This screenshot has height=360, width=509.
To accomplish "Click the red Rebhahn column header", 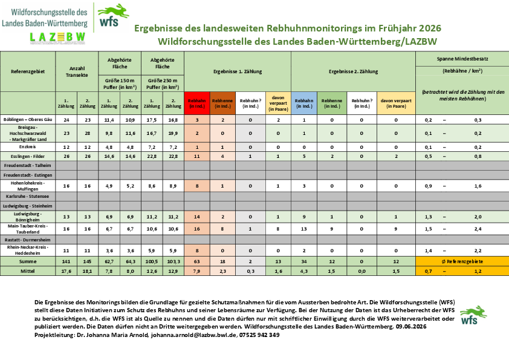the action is (x=196, y=103).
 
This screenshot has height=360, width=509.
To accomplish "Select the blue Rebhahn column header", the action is (x=304, y=103).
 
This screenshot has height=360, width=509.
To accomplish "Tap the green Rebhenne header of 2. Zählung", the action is (x=332, y=103).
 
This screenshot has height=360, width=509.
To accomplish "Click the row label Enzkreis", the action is (x=28, y=147).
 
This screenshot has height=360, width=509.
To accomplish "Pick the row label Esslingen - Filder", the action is (x=28, y=156).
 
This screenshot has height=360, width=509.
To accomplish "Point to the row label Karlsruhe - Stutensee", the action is (x=28, y=196).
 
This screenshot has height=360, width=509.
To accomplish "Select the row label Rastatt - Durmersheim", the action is (x=28, y=240).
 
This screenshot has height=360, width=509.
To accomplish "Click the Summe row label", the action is (x=28, y=261).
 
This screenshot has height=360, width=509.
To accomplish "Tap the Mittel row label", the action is (x=28, y=271).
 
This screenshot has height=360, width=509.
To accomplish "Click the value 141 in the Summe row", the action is (x=66, y=261).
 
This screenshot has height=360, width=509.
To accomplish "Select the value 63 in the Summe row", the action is (x=196, y=261).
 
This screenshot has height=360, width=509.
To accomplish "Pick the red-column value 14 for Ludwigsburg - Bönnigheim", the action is (x=196, y=217).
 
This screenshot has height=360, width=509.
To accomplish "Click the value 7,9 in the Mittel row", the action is (x=196, y=271).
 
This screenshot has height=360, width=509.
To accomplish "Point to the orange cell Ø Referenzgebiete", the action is (x=462, y=261).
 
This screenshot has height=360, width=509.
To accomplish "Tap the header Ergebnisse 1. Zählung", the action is (x=238, y=71).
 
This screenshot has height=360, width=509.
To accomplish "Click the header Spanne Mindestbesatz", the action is (x=462, y=59).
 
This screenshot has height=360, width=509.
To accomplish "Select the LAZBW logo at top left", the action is (x=58, y=38).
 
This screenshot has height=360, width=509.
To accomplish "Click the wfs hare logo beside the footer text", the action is (x=473, y=315).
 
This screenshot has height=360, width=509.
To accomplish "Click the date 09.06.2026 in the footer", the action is (x=411, y=327).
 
